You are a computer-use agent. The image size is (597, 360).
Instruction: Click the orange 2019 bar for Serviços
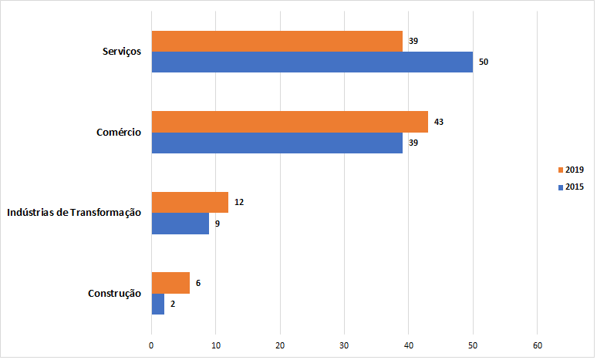[277, 41]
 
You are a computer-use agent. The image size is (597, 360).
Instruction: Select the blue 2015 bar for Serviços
[312, 62]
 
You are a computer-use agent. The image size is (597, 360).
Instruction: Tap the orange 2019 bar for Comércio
[290, 122]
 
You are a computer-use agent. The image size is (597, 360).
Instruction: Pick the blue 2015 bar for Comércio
[277, 143]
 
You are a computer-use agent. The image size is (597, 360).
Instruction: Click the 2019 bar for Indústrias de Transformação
[190, 202]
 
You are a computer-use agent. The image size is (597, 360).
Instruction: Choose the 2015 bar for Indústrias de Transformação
[180, 224]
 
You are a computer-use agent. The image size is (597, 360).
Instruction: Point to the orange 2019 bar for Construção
[170, 283]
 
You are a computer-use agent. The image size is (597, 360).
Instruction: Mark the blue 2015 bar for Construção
[158, 304]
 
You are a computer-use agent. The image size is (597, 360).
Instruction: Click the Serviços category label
[122, 52]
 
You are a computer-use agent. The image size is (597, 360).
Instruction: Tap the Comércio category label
[119, 133]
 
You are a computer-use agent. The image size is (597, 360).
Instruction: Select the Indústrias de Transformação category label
[74, 213]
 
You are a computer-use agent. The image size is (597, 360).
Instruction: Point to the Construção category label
[114, 294]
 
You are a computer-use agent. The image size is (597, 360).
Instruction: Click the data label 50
[483, 62]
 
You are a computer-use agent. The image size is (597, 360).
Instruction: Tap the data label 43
[439, 122]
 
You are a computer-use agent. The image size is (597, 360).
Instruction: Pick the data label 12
[239, 203]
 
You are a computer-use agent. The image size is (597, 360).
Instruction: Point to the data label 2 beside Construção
[173, 304]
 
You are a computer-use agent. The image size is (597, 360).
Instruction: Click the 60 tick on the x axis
[538, 345]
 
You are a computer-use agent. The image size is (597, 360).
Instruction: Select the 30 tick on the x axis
[345, 345]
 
